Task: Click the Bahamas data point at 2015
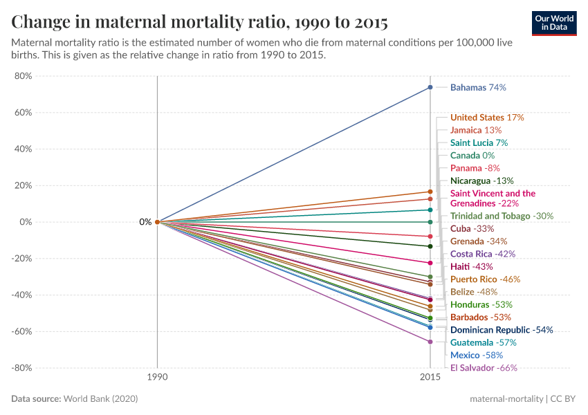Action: click(x=430, y=87)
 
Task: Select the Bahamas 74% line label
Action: click(x=478, y=88)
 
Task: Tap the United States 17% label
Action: click(x=487, y=118)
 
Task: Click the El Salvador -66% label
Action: click(x=484, y=368)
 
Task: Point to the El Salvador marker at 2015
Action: click(x=430, y=342)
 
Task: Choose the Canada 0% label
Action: click(x=472, y=156)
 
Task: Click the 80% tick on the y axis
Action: click(x=23, y=76)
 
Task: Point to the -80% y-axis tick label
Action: click(x=21, y=368)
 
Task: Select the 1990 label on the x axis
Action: click(x=157, y=378)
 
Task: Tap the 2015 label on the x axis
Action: click(x=430, y=378)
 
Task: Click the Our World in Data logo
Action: click(x=554, y=23)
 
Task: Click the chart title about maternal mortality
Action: click(x=199, y=22)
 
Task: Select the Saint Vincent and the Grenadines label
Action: click(x=493, y=199)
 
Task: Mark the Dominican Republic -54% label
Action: click(x=502, y=330)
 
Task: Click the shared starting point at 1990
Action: click(x=157, y=222)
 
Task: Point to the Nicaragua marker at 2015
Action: click(x=430, y=246)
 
